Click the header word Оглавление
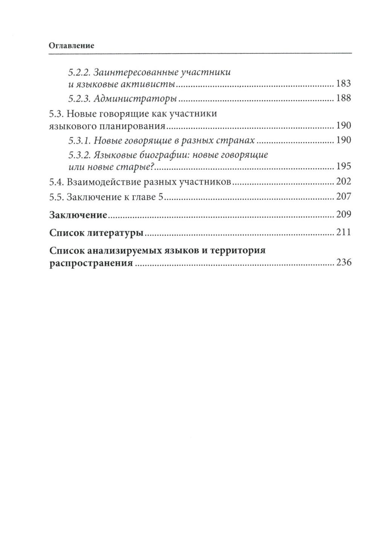[71, 46]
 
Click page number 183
[343, 83]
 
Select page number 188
[343, 98]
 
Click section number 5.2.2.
[79, 72]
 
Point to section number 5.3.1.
[79, 141]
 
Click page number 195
[343, 166]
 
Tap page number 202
[343, 181]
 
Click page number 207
[343, 196]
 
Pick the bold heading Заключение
[78, 215]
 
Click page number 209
[343, 215]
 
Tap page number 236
[343, 263]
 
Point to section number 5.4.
[57, 182]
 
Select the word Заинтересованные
[135, 72]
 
